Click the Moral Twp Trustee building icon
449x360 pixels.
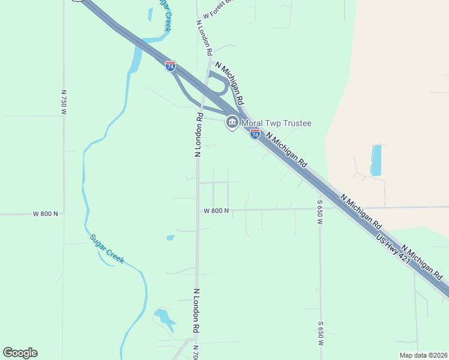pyautogui.click(x=232, y=123)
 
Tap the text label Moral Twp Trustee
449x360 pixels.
pyautogui.click(x=276, y=124)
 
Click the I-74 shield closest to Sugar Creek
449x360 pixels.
pyautogui.click(x=170, y=65)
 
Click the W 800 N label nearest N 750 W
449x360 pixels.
pyautogui.click(x=46, y=214)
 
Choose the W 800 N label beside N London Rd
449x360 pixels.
pyautogui.click(x=216, y=211)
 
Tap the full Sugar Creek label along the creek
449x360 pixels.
pyautogui.click(x=107, y=248)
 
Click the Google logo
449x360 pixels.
pyautogui.click(x=20, y=353)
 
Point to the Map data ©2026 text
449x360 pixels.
pyautogui.click(x=423, y=355)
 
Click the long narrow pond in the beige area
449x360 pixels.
pyautogui.click(x=376, y=160)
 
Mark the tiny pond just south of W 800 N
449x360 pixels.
pyautogui.click(x=170, y=238)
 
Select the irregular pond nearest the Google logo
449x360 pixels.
pyautogui.click(x=163, y=318)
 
